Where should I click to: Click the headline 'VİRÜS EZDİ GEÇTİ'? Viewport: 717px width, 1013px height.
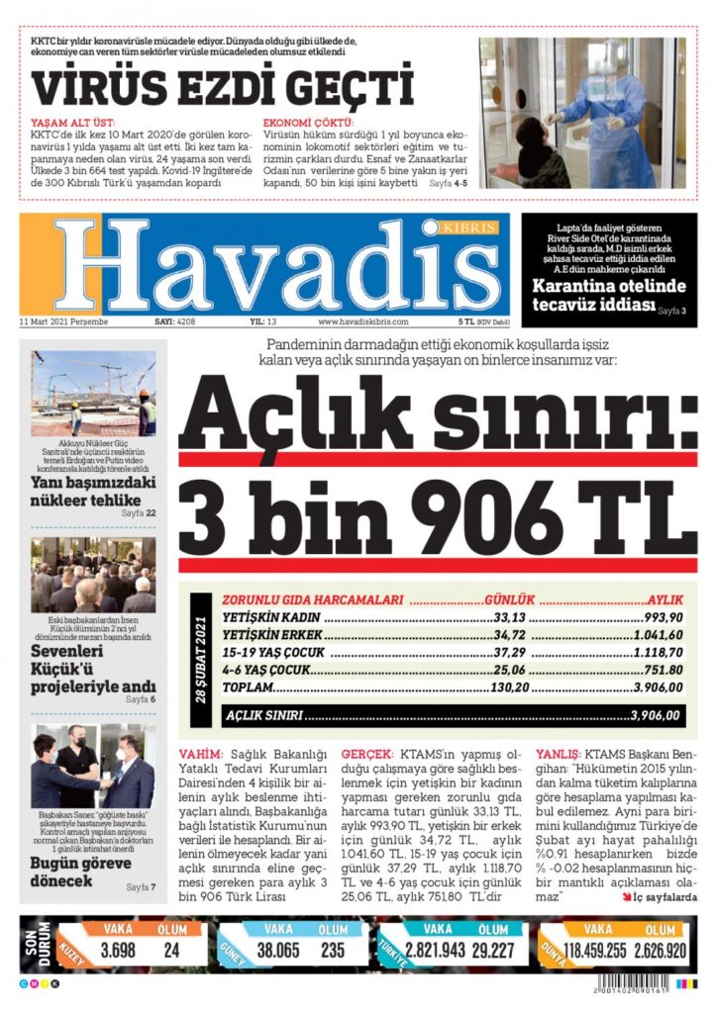coord(222,87)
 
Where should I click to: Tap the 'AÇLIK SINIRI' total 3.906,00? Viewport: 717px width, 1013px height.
coord(655,714)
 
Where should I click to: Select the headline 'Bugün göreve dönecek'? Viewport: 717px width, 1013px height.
coord(81,871)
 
